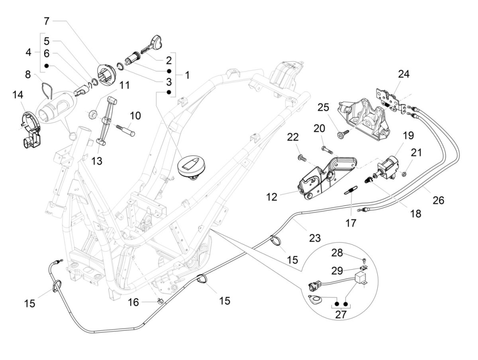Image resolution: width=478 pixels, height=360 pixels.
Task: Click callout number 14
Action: [18, 95]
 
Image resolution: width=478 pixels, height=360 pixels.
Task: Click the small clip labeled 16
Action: [161, 301]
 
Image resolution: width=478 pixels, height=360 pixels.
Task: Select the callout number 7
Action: [47, 20]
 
